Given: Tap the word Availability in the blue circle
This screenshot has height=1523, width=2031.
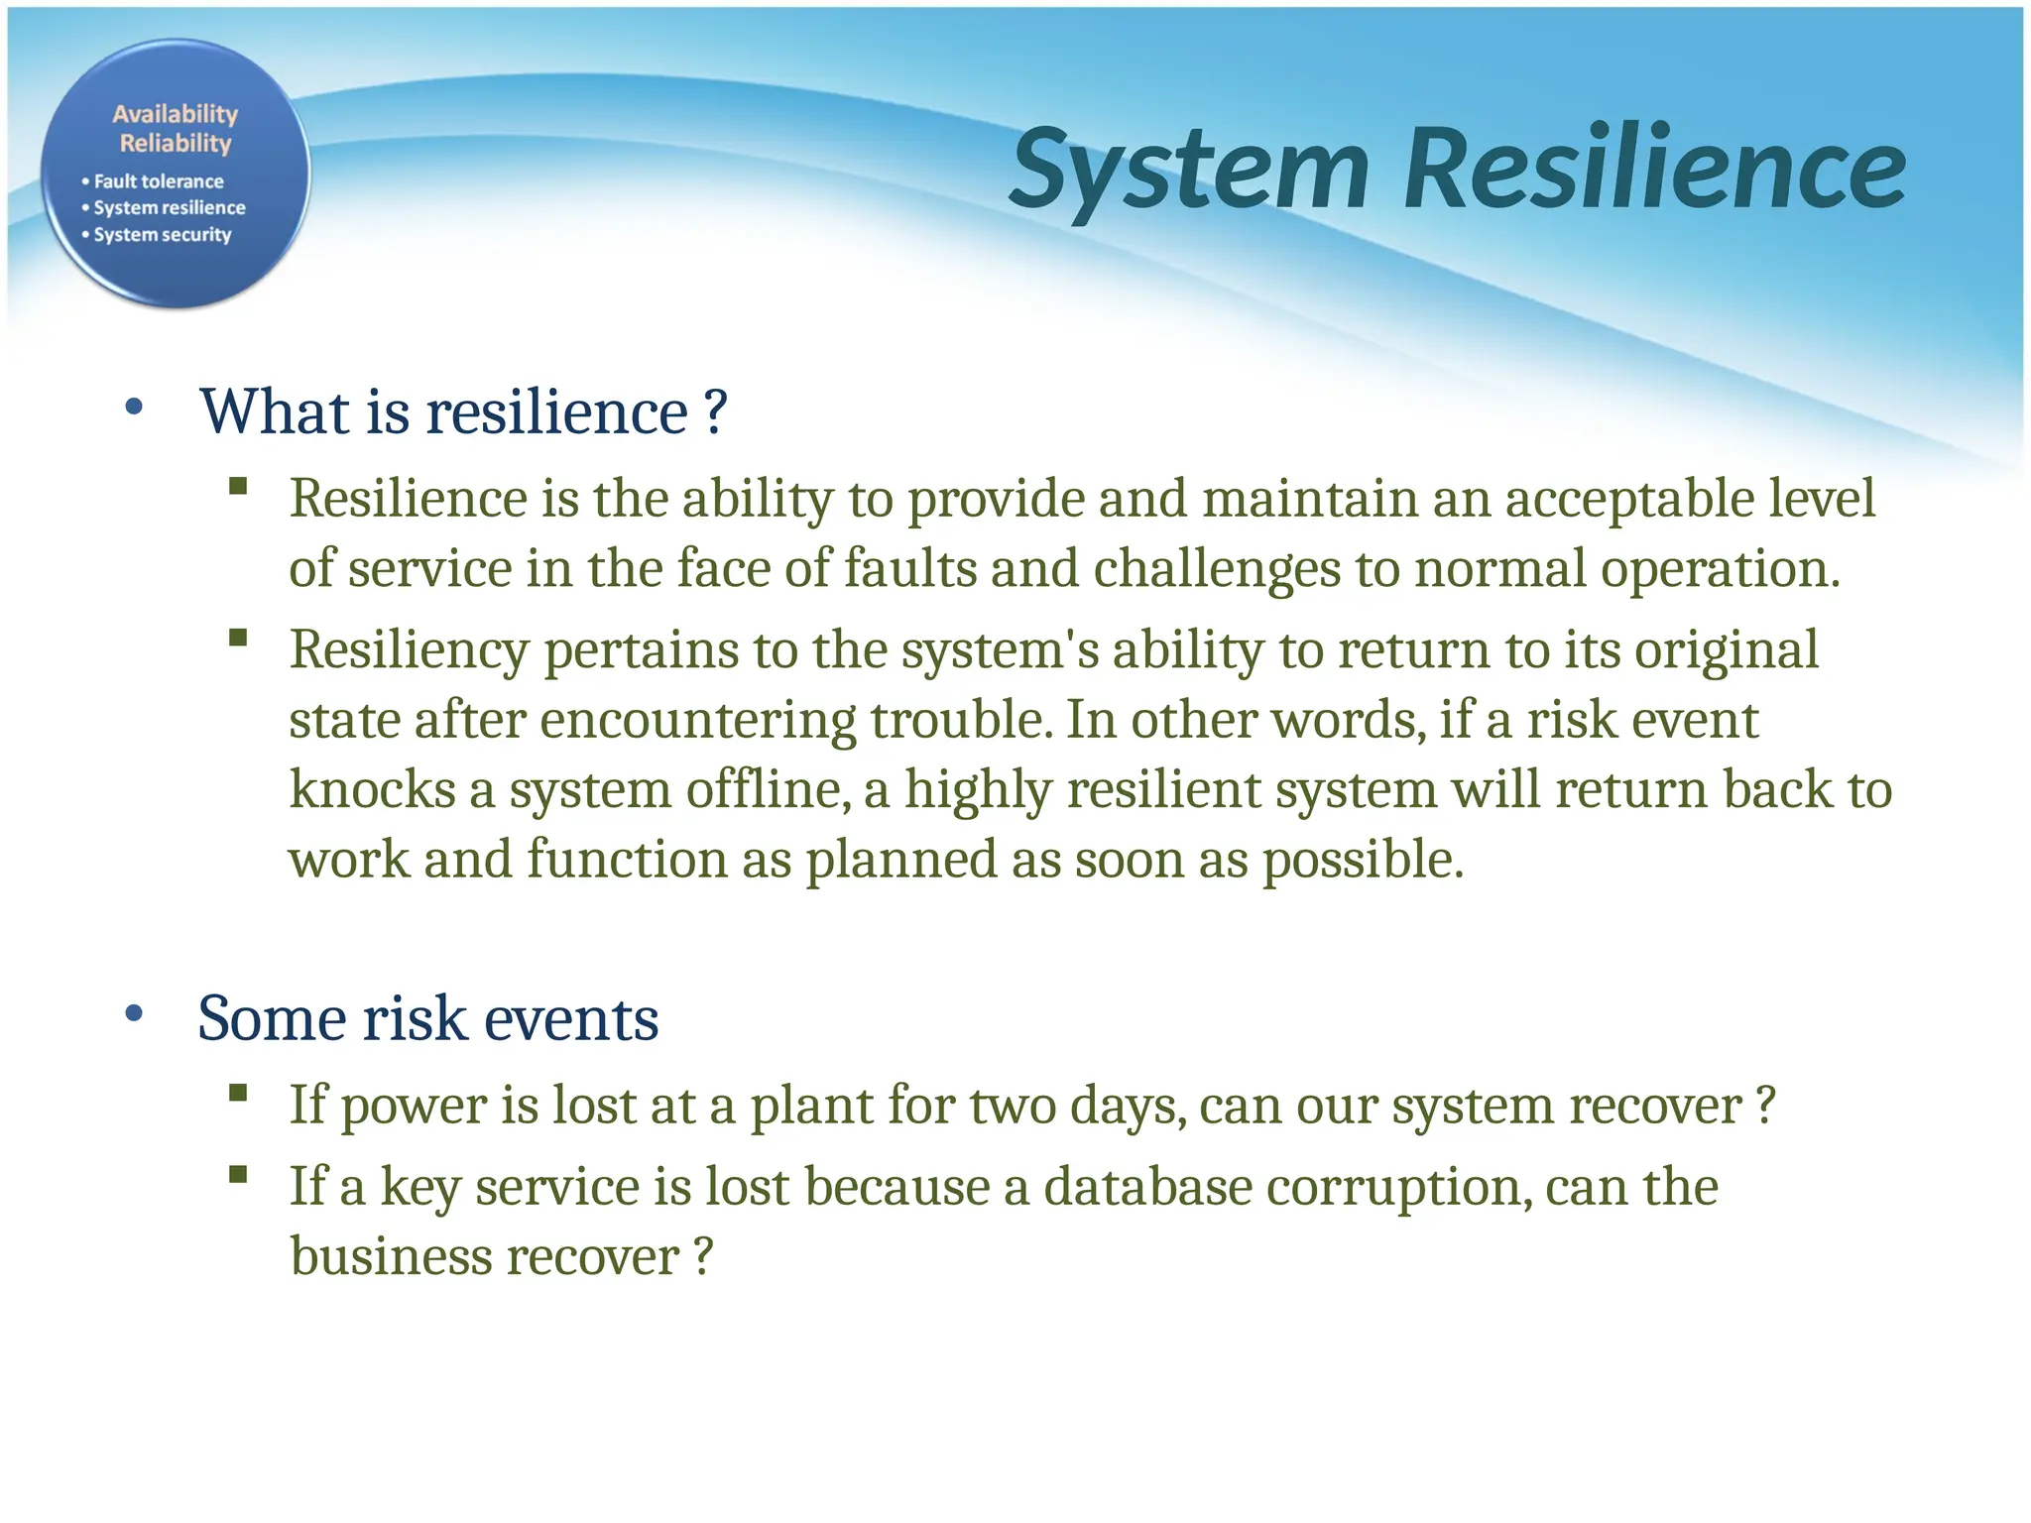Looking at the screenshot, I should click(x=175, y=114).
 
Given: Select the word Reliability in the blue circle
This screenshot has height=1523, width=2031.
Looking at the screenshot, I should click(x=176, y=143).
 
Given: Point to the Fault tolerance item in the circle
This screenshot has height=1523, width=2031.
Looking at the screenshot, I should click(x=159, y=181).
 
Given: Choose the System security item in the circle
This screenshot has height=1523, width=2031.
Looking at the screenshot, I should click(x=163, y=235).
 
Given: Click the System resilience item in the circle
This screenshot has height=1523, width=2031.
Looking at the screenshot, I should click(x=170, y=208).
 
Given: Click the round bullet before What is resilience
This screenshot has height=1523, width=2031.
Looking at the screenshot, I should click(x=135, y=408).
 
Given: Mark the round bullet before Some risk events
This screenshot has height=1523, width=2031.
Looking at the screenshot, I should click(x=135, y=1014).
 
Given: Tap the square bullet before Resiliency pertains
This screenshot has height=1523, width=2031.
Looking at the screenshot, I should click(x=237, y=638).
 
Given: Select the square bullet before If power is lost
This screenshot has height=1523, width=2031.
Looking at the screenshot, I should click(x=237, y=1093).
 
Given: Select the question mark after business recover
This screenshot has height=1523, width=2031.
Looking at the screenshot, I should click(x=703, y=1257).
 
